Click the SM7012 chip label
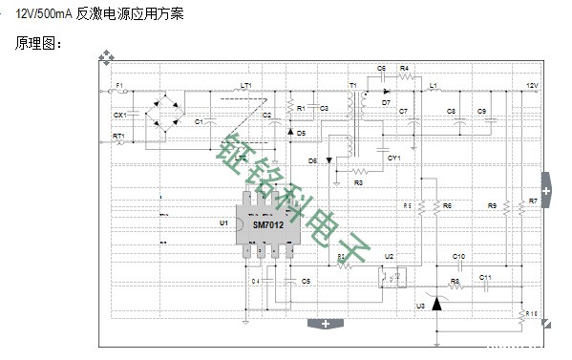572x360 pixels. tap(268, 226)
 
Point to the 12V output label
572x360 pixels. tap(533, 86)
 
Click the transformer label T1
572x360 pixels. tap(353, 86)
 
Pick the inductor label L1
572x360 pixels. tap(433, 86)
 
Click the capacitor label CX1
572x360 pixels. tap(119, 115)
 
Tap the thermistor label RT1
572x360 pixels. tap(118, 137)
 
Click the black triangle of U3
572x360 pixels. tap(437, 304)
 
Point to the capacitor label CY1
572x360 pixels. tap(393, 157)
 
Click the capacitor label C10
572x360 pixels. tap(458, 257)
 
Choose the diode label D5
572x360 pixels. tap(301, 132)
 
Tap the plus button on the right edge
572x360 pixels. tap(546, 191)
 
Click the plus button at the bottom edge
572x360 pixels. tap(326, 323)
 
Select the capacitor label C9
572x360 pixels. tap(482, 111)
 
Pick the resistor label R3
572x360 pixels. tap(358, 181)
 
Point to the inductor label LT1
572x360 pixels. tap(245, 86)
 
